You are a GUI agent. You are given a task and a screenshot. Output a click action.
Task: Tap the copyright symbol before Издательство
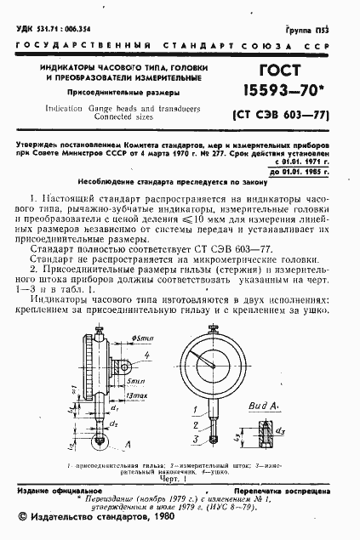(x=22, y=517)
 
